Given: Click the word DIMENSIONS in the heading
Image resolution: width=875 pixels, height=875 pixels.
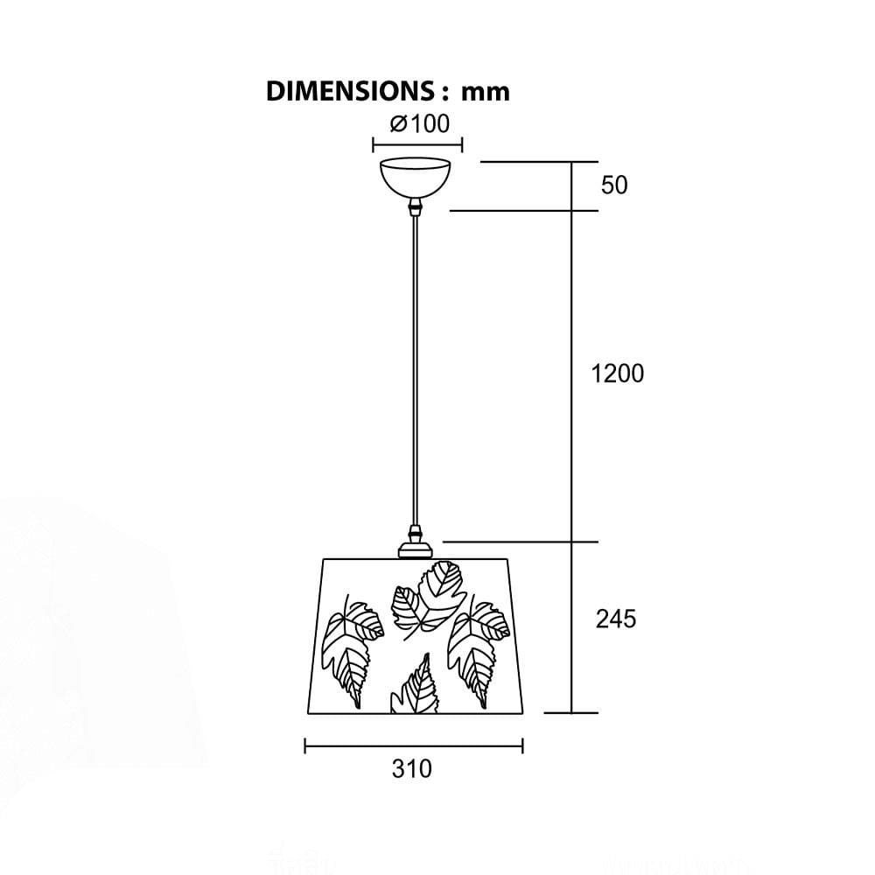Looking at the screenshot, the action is tap(349, 91).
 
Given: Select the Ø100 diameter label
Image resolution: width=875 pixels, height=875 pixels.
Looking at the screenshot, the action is tap(420, 124).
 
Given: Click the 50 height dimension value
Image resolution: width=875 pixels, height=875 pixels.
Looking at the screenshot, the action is tap(614, 185).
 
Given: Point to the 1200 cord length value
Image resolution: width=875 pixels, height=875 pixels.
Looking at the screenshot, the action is tap(618, 374).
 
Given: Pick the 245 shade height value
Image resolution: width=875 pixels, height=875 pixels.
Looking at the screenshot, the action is tap(616, 619).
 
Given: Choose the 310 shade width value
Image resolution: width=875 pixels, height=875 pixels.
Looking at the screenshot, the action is tap(412, 768).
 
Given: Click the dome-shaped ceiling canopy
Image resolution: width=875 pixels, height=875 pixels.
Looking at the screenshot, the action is tap(415, 178).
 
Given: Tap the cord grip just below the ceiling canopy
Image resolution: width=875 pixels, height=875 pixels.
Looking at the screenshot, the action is tap(415, 207).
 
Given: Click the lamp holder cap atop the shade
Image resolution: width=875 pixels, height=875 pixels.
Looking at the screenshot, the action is tap(415, 543).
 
